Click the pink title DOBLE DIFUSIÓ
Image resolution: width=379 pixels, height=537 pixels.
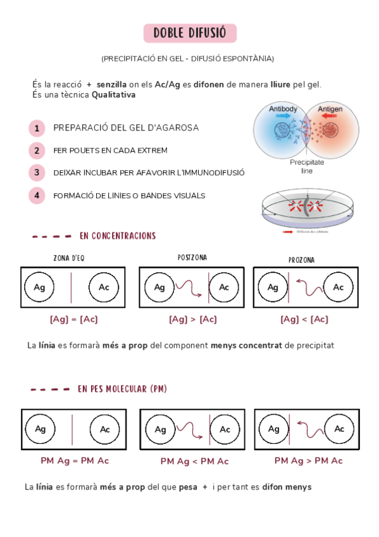click(x=190, y=34)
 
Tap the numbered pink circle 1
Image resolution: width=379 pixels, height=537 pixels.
click(x=37, y=129)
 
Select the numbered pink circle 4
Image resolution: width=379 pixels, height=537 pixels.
click(x=37, y=196)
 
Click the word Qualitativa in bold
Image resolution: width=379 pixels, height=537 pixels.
click(x=113, y=95)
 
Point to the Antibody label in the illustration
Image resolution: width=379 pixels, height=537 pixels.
click(x=283, y=109)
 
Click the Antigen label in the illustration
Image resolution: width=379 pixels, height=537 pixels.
click(x=330, y=109)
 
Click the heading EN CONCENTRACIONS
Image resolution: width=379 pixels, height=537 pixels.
click(x=118, y=236)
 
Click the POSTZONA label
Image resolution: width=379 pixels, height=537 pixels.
click(x=192, y=258)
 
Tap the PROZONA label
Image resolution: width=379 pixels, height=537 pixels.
click(x=301, y=260)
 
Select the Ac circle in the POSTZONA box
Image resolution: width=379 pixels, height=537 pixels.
click(x=223, y=287)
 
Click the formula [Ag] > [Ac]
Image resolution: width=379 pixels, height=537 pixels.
click(x=192, y=320)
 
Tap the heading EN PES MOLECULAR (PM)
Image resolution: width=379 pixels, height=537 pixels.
click(x=123, y=389)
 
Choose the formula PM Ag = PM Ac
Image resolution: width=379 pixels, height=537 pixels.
click(x=75, y=460)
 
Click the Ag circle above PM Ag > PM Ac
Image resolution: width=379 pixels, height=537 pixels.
click(x=273, y=429)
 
